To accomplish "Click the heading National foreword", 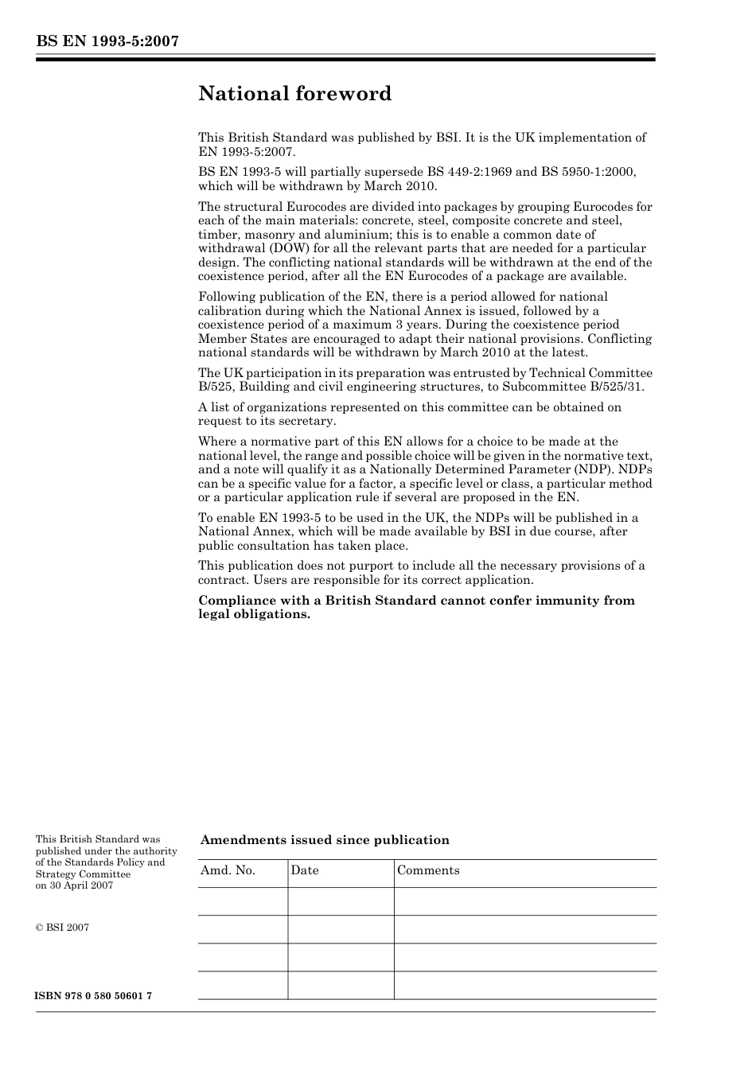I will [294, 94].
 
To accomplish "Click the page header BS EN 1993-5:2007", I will [107, 41].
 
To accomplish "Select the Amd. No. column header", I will [228, 870].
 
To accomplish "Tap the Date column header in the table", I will [305, 870].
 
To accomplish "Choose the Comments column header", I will [428, 870].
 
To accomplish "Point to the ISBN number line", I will [93, 996].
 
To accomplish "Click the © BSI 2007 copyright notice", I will [62, 928].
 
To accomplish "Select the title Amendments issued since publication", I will [325, 840].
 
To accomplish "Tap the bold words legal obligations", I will [254, 614].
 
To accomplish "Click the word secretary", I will [306, 421].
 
